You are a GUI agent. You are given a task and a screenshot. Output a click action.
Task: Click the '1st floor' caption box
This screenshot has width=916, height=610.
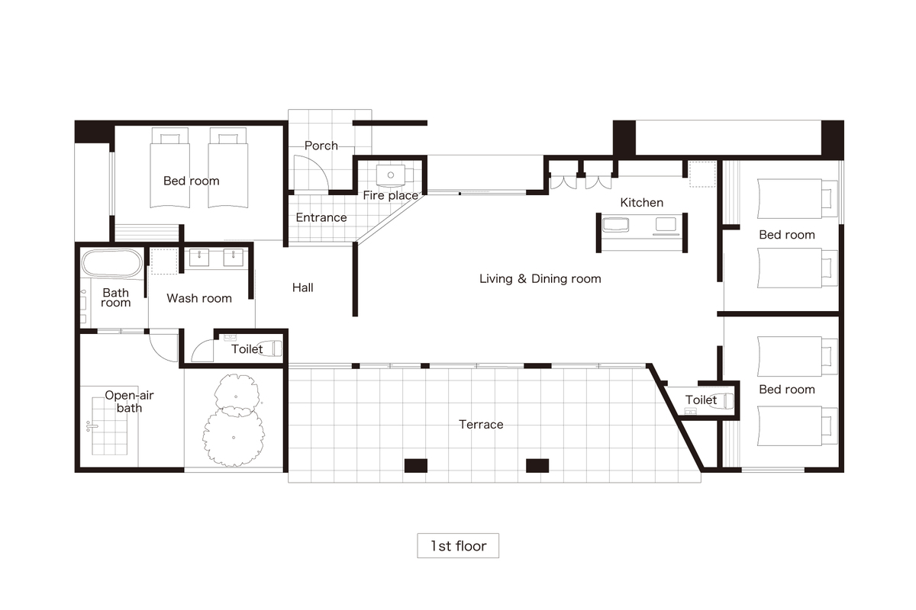457,545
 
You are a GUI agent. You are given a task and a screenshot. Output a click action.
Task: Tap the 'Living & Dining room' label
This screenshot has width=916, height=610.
540,278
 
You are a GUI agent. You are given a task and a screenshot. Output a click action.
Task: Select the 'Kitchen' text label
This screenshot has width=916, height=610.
641,202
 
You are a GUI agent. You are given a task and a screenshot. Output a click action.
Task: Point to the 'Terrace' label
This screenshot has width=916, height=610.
481,425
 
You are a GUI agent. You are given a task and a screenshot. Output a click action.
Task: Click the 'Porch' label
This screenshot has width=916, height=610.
321,146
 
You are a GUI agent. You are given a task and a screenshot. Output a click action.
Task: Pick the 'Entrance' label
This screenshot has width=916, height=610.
321,217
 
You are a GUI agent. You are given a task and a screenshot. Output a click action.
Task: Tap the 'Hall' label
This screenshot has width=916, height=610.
302,287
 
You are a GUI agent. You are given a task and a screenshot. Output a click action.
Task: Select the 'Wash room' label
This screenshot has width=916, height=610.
199,298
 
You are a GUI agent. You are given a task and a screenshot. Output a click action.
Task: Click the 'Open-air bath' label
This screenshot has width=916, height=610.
129,402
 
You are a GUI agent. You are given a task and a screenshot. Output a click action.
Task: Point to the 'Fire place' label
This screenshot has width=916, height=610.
391,195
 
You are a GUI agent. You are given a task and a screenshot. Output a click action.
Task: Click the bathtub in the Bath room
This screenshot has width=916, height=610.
111,263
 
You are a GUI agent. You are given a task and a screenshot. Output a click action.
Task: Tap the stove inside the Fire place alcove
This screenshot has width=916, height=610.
392,175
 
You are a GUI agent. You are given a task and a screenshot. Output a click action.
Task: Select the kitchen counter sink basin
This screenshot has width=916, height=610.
615,225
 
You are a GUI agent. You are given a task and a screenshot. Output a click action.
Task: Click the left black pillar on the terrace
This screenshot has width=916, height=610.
416,465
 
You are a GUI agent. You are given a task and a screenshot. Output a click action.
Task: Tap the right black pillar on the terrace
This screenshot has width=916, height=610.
537,465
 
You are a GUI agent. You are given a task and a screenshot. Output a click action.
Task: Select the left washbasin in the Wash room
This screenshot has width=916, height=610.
199,258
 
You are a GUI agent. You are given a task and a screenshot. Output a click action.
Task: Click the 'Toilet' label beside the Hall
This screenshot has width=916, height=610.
247,349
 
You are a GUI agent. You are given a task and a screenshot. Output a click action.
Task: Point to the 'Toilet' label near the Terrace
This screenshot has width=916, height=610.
701,400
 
